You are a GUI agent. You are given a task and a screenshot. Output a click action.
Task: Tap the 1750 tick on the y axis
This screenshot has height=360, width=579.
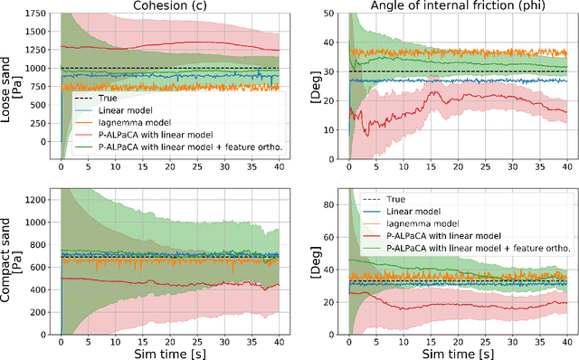pyautogui.click(x=38, y=14)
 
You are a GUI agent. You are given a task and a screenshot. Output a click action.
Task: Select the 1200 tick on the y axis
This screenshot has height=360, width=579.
pyautogui.click(x=38, y=197)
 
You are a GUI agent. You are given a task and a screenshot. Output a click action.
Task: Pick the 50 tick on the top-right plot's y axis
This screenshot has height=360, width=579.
pyautogui.click(x=333, y=14)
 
